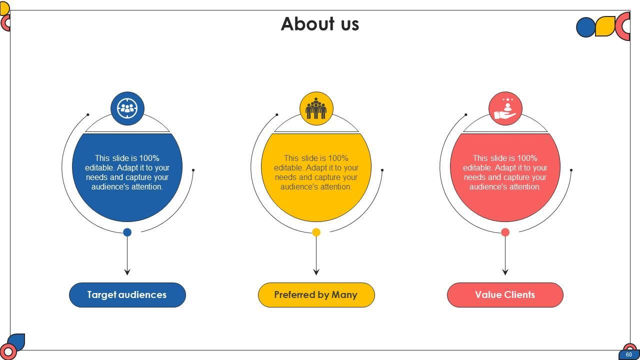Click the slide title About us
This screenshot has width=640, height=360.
click(x=320, y=24)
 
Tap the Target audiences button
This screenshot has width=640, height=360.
click(x=127, y=295)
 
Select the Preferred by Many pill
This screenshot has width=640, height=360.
click(x=316, y=295)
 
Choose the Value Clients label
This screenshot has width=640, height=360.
click(x=505, y=295)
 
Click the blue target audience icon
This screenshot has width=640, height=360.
click(x=127, y=108)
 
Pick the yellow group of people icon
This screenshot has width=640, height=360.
click(x=316, y=108)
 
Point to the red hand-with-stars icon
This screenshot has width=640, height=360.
click(x=505, y=108)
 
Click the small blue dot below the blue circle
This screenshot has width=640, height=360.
click(x=127, y=232)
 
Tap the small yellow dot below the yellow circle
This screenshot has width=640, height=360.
click(x=316, y=232)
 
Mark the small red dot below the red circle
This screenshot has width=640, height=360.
click(x=505, y=232)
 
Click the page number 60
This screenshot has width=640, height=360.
click(x=628, y=354)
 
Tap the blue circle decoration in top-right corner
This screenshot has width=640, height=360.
click(x=585, y=27)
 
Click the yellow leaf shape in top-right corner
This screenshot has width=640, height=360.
click(x=605, y=26)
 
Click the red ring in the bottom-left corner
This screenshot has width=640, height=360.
click(x=8, y=352)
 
